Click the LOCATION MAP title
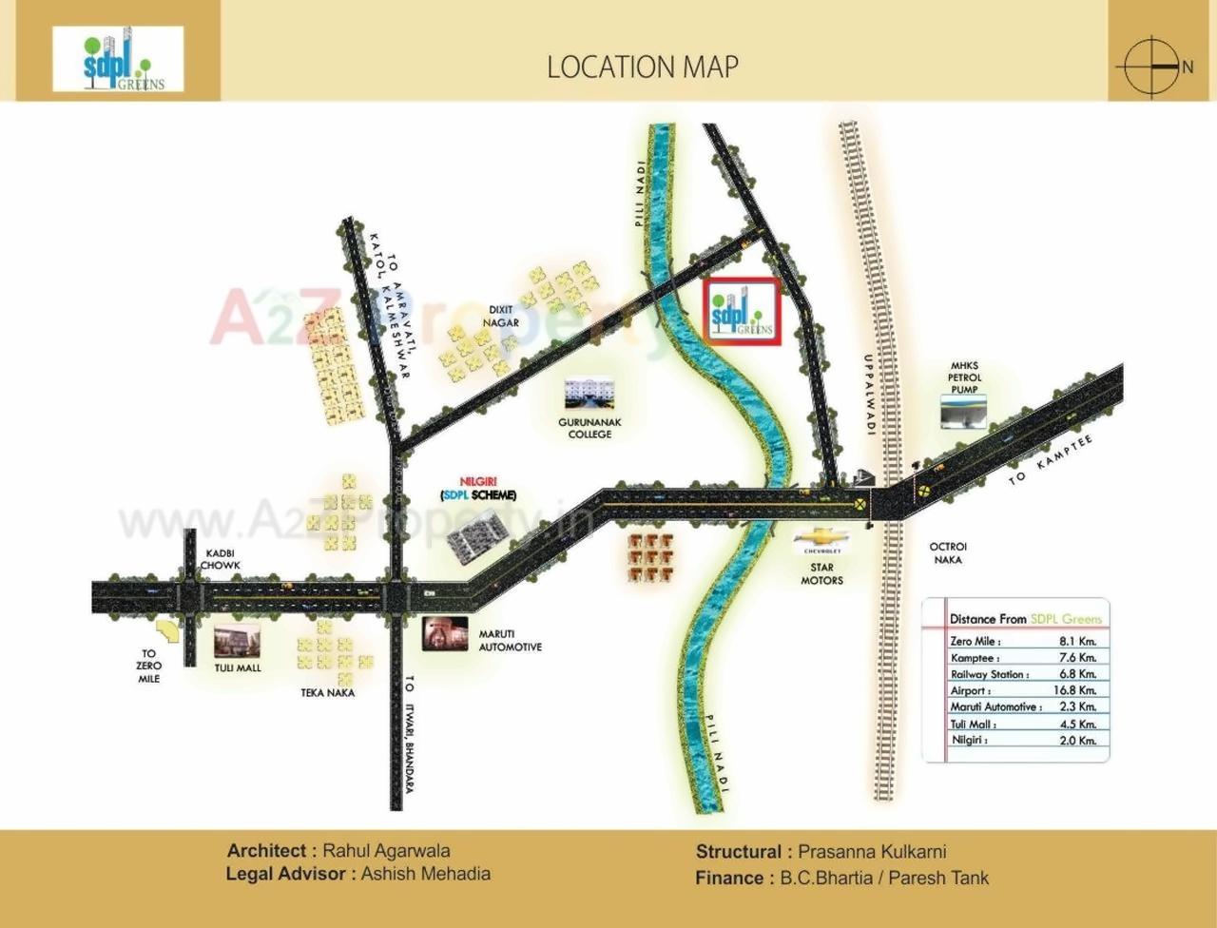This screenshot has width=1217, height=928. pos(642,67)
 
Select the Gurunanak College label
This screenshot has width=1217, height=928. pos(589,428)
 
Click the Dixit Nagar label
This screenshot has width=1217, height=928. pos(501,316)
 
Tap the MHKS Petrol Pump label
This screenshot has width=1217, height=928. pos(963,377)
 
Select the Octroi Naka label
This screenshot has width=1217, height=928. pos(947,553)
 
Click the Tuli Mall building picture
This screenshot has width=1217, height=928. pos(237,642)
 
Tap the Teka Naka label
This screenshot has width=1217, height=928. pos(328,693)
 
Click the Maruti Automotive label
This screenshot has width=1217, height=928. pos(510,640)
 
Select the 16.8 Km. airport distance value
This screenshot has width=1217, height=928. pos(1077,690)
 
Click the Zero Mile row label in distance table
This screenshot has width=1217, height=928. pos(973,641)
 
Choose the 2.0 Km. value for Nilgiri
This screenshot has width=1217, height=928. pos(1077,740)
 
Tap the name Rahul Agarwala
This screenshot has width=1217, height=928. pos(386,851)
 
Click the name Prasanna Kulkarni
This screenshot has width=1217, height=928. pos(872,852)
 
